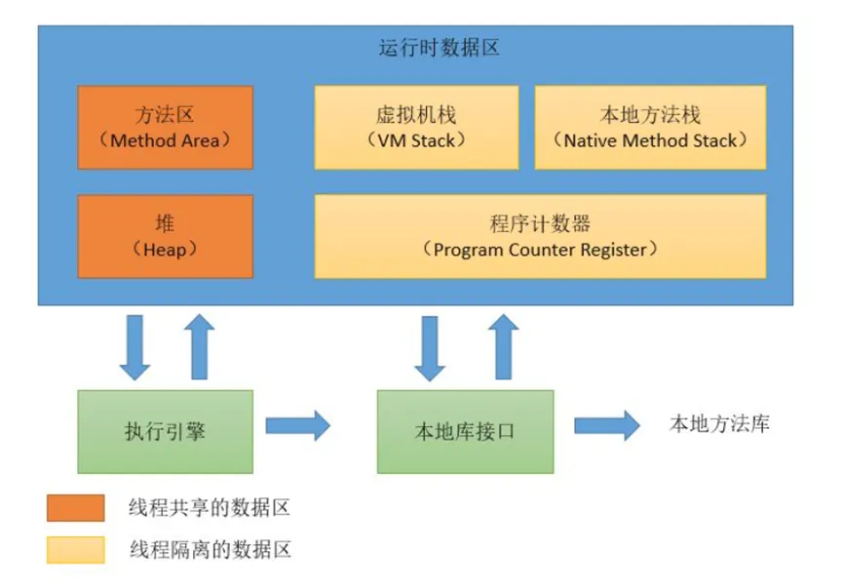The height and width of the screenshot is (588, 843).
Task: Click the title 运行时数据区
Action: point(438,47)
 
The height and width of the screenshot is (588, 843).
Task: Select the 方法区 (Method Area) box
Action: point(165,127)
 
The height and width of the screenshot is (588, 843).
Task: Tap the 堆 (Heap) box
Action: point(165,236)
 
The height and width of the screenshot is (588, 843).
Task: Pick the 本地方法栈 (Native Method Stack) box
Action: point(650,127)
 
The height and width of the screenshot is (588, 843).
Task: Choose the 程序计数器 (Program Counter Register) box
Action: point(540,236)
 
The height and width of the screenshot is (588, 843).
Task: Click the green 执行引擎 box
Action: point(165,430)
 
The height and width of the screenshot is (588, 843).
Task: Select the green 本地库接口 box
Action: point(465,430)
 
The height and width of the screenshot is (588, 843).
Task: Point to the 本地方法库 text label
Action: point(719,423)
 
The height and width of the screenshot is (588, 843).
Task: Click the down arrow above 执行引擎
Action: point(134,346)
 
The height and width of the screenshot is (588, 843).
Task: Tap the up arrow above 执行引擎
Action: point(199,346)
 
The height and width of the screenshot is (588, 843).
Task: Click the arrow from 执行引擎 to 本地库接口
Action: point(298,425)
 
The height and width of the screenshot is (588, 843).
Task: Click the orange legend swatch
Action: point(75,508)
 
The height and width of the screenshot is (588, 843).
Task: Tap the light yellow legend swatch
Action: point(75,550)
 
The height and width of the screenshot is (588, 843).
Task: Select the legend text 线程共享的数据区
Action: point(209,508)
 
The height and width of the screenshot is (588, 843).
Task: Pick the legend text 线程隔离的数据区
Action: point(209,550)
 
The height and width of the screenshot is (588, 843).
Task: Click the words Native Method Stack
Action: point(650,139)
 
